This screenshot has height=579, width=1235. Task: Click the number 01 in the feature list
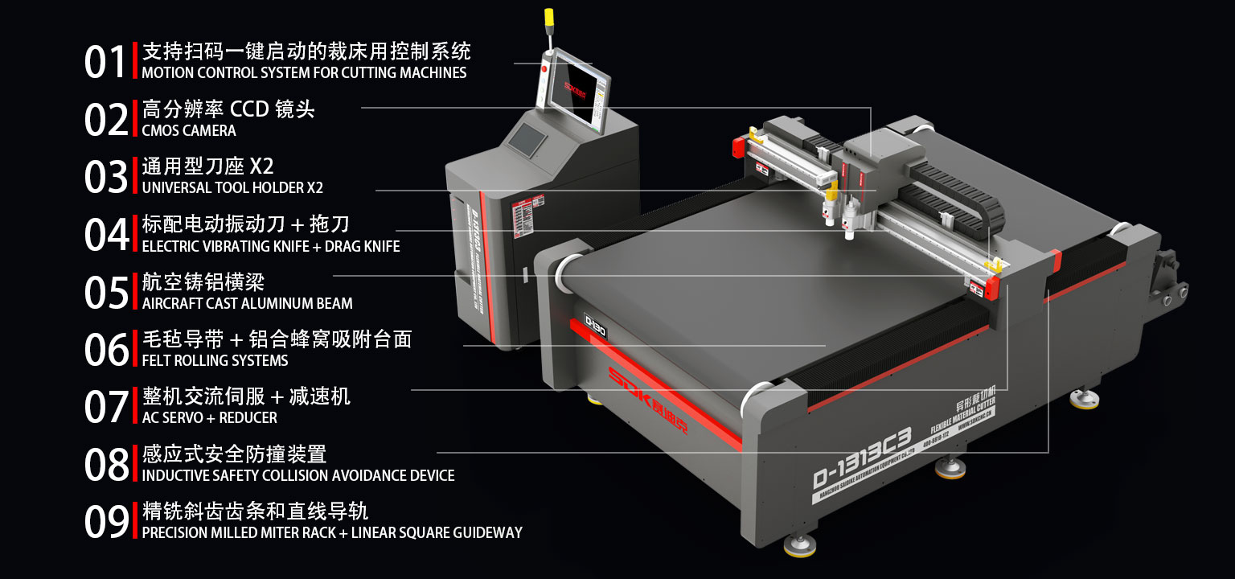point(105,63)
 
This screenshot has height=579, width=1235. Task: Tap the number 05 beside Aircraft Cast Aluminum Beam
point(106,293)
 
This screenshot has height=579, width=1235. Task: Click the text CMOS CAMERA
point(189,130)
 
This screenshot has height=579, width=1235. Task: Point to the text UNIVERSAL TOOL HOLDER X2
point(232,188)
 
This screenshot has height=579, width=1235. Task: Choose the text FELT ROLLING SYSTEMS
point(215,360)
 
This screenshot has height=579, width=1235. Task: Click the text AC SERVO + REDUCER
point(209,418)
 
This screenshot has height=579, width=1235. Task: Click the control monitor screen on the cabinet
point(573,89)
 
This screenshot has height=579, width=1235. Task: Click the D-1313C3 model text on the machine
point(861,458)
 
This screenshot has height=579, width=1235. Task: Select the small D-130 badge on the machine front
point(595,325)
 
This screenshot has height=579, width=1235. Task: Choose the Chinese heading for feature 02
point(228,109)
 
